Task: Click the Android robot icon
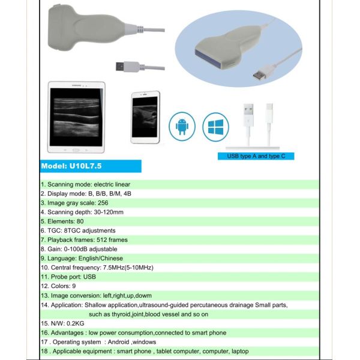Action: click(x=182, y=127)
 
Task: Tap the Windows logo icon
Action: click(x=216, y=127)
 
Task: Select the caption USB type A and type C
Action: click(x=256, y=156)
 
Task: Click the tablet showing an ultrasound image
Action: click(x=76, y=118)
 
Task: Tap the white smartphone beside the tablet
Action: click(x=145, y=118)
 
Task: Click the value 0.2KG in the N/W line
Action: click(x=76, y=323)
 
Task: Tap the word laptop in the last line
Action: click(x=239, y=351)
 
